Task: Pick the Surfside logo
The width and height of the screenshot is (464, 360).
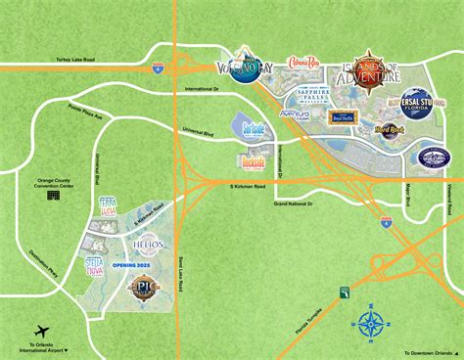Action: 252,125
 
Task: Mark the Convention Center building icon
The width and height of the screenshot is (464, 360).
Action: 52,196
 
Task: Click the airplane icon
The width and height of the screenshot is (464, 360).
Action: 40,332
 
